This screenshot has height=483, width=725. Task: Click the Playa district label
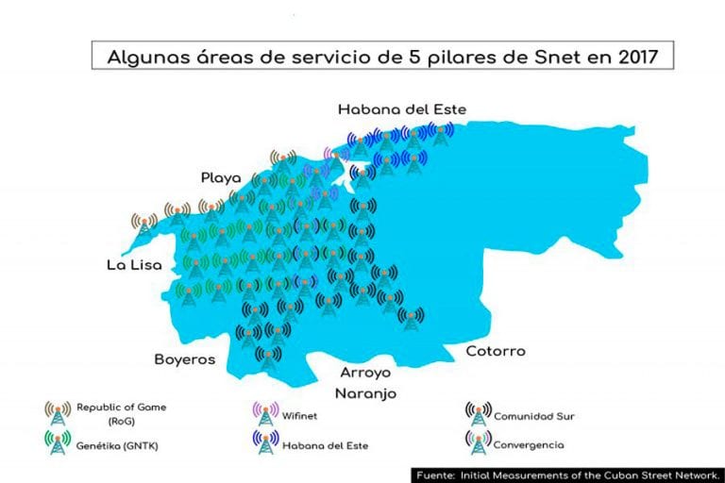tap(220, 177)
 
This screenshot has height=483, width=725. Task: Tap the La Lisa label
tap(131, 266)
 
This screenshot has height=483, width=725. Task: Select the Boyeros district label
tap(185, 359)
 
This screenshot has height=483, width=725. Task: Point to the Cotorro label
tap(495, 351)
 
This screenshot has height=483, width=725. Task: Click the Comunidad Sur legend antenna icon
tap(478, 413)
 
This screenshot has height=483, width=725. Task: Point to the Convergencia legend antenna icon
tap(478, 442)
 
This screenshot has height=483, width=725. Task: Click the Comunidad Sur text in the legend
tap(534, 414)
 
